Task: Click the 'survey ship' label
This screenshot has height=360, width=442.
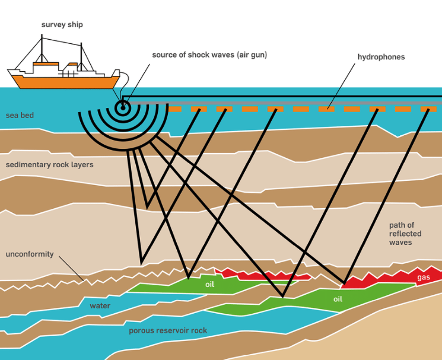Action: (x=62, y=24)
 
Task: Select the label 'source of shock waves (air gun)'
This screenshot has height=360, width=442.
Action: (x=209, y=55)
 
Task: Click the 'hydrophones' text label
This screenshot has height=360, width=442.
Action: (x=381, y=57)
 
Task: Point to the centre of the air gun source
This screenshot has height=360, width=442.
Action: (x=123, y=107)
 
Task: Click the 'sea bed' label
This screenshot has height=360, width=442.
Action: (x=20, y=115)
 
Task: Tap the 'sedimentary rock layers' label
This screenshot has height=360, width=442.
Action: (x=49, y=164)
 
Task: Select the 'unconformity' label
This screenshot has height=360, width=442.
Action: (x=30, y=254)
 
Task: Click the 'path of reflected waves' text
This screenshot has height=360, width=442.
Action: (x=405, y=234)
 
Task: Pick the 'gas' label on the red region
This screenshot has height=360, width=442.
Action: (x=424, y=278)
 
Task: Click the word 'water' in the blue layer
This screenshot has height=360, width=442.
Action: (x=100, y=306)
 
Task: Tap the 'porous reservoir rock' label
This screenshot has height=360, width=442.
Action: (x=168, y=330)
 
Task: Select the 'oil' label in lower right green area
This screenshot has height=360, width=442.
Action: (x=338, y=300)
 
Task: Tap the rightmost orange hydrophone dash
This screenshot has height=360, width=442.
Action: (x=428, y=110)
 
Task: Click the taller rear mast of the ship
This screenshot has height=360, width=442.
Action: (x=42, y=47)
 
